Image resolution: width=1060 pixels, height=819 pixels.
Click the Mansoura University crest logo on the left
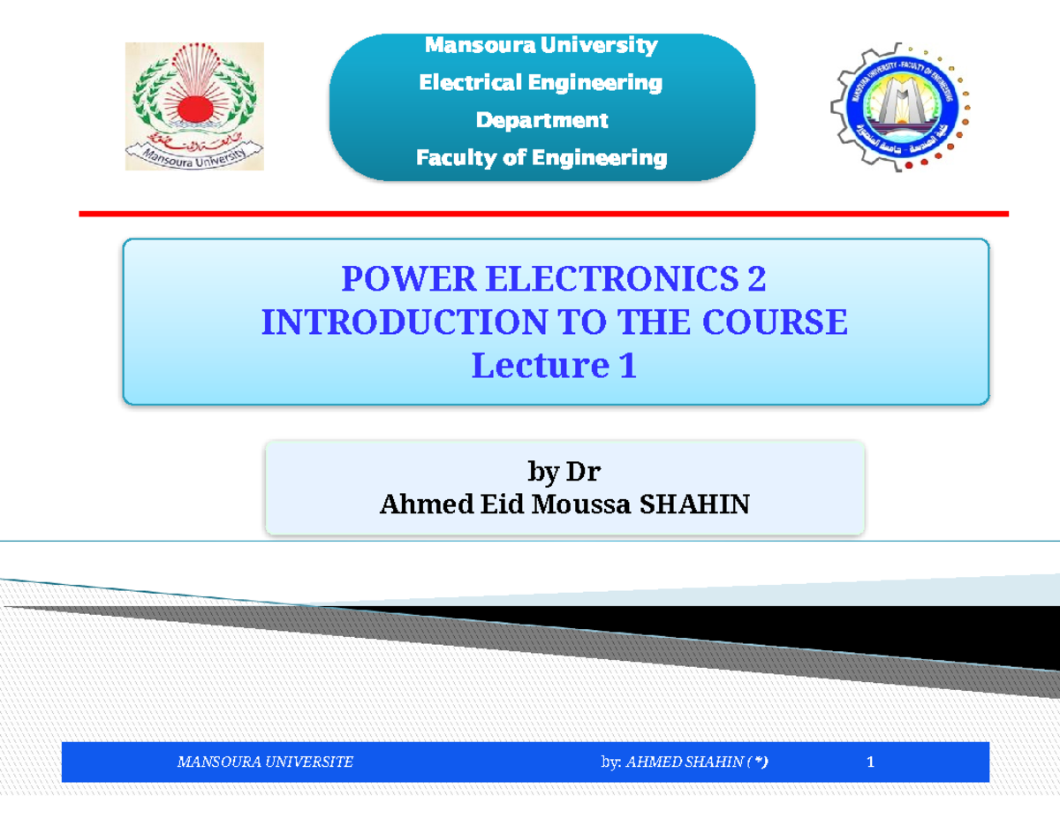193,105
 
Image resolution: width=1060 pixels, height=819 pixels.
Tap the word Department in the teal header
541,120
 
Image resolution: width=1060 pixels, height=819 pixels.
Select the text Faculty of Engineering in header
541,158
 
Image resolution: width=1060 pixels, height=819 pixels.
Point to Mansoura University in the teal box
541,45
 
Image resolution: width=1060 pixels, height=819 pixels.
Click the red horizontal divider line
543,214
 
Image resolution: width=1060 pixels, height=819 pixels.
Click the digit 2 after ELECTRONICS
756,281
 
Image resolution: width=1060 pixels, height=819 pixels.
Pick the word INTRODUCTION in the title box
402,323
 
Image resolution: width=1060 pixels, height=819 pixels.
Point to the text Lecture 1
554,366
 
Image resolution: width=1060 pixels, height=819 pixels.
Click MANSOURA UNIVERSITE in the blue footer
265,762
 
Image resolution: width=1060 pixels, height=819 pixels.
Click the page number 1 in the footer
870,762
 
